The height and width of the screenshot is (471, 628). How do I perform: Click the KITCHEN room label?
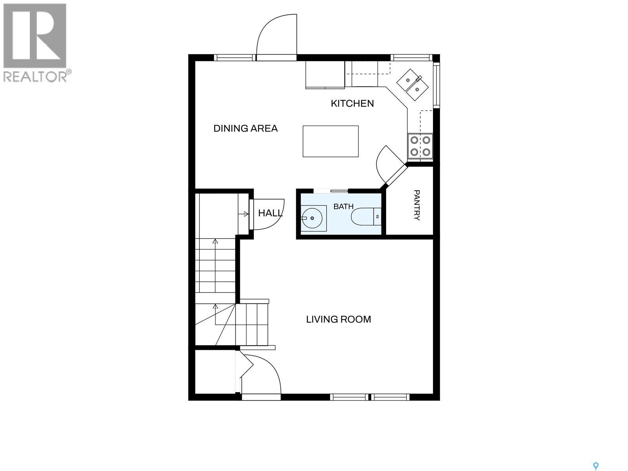(x=352, y=104)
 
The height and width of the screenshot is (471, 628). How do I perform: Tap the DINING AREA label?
(x=245, y=128)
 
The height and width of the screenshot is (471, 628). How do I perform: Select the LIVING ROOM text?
(x=338, y=319)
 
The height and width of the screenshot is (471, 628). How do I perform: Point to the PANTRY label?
(x=417, y=205)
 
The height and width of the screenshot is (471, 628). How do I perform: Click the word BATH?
(x=343, y=206)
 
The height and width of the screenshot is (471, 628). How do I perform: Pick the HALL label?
(x=270, y=213)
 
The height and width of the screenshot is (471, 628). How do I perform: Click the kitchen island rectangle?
(x=331, y=141)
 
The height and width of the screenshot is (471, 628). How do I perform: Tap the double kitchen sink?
(x=412, y=85)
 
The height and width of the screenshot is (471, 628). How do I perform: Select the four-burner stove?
(x=420, y=146)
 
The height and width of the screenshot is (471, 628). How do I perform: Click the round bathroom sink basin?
(x=312, y=218)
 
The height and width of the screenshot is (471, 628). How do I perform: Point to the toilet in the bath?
(x=366, y=217)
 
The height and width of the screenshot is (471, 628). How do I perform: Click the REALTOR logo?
(x=35, y=43)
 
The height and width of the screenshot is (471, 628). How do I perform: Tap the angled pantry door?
(x=396, y=174)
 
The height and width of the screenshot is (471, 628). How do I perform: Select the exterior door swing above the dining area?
(x=276, y=37)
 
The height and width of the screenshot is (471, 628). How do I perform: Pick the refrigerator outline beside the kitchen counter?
(x=325, y=75)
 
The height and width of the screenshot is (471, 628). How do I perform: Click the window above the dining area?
(x=235, y=58)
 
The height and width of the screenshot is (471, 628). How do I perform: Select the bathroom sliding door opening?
(x=331, y=191)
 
